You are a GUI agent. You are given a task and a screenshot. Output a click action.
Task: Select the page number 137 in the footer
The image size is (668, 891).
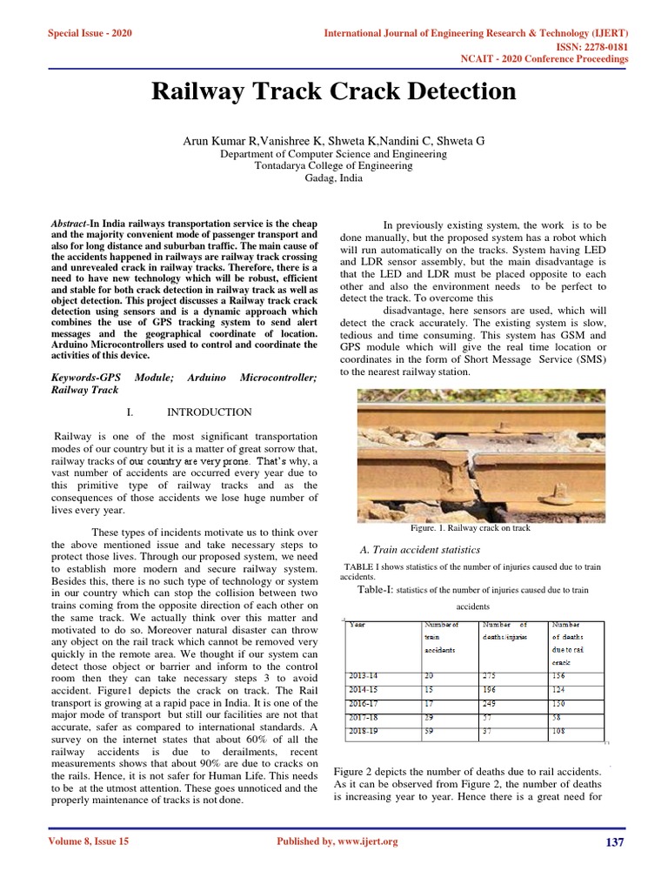click(x=614, y=842)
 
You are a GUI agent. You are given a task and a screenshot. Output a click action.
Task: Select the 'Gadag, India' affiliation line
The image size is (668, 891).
click(x=333, y=178)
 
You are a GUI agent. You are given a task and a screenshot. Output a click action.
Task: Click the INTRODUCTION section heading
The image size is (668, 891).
click(x=209, y=412)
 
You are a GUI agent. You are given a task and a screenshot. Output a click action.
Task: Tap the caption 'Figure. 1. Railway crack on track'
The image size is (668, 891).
click(x=470, y=528)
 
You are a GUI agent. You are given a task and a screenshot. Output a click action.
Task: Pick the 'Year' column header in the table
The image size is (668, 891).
click(x=357, y=624)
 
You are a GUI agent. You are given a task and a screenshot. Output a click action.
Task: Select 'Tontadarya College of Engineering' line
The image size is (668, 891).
click(x=333, y=165)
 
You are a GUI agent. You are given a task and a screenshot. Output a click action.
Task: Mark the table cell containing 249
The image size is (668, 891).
click(x=492, y=703)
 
